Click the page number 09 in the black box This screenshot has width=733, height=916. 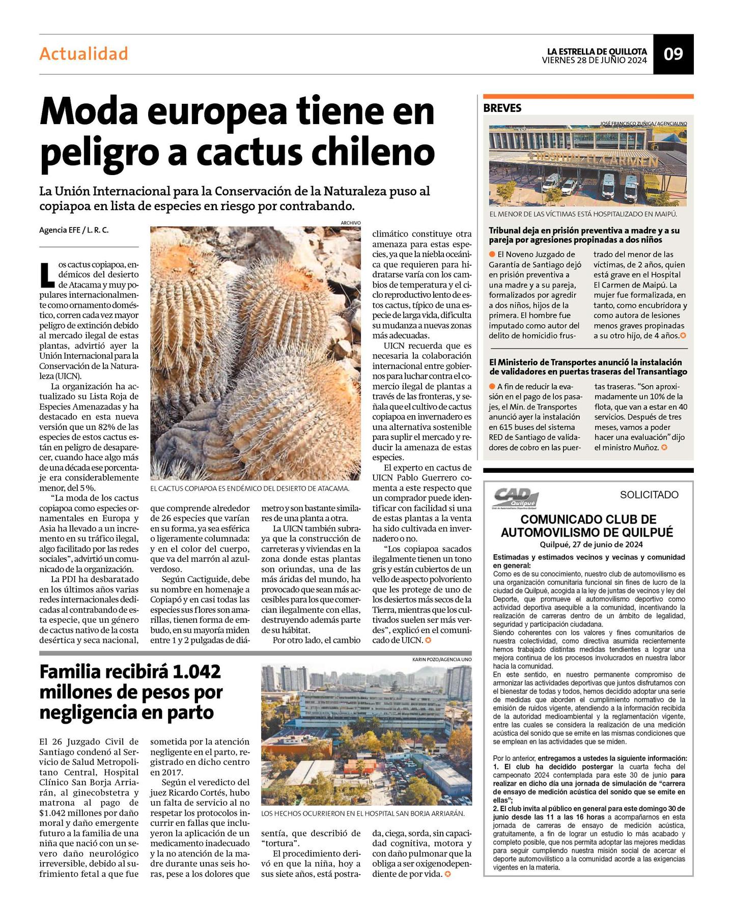pos(673,54)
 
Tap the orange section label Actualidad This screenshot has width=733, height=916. pos(83,54)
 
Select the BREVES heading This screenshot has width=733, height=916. pos(502,108)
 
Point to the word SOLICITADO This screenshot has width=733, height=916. pos(649,495)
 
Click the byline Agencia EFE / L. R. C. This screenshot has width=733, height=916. pos(74,230)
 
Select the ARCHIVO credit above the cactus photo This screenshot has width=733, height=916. pos(351,223)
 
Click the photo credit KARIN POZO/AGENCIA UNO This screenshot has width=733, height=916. pos(442,660)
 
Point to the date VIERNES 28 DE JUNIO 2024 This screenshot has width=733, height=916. pos(594,60)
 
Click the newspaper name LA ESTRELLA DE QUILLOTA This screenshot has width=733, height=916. pos(597,51)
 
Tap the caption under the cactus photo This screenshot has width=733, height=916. pos(250,489)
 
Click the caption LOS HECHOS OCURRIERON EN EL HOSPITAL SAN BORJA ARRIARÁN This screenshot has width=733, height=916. pos(362,814)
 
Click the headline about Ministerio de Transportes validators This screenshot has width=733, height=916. pos(588,367)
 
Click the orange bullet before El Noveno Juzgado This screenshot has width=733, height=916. pos(492,254)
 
